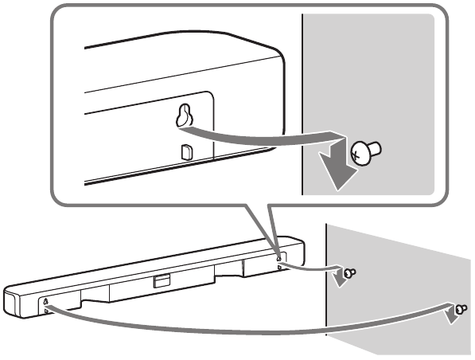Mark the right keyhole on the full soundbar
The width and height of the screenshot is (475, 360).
coord(278,256)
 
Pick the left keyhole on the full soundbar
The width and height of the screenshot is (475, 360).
coord(45,300)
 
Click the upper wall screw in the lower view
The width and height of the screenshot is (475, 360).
coord(350,272)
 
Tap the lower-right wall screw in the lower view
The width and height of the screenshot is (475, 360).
coord(461,308)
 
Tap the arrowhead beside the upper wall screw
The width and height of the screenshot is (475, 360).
coord(340,278)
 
